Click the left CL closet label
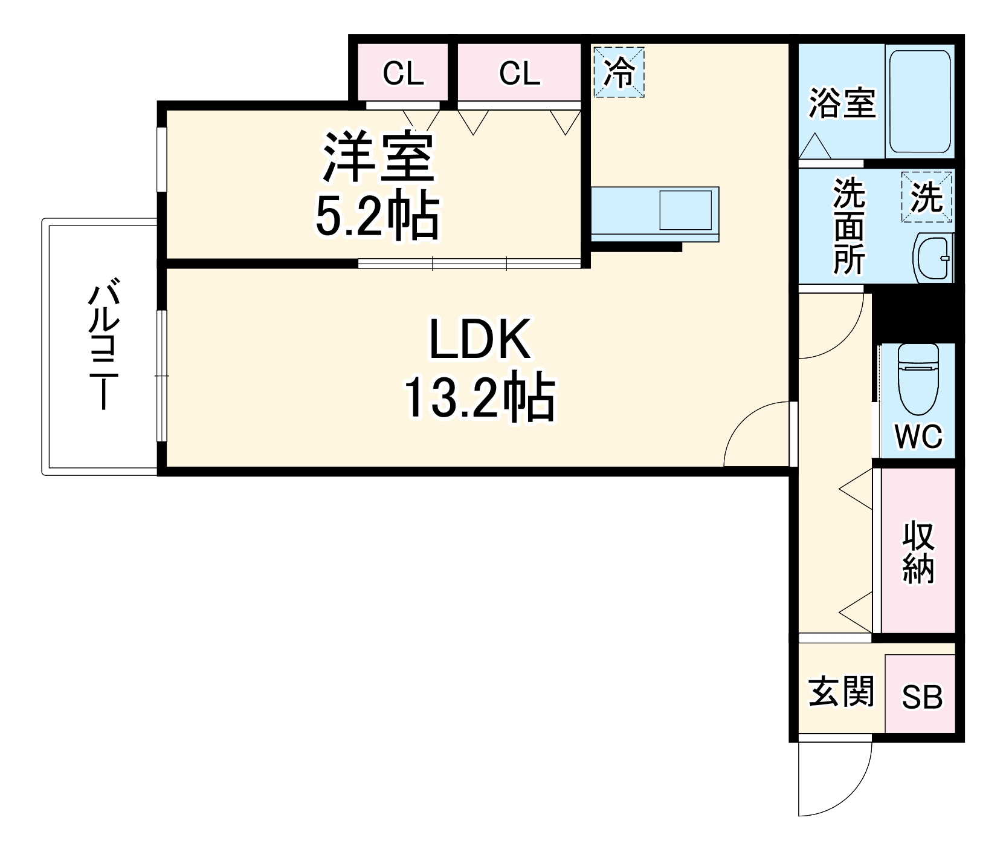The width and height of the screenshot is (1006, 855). [403, 74]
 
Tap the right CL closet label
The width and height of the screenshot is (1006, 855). [519, 74]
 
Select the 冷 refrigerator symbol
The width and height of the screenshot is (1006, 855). [619, 72]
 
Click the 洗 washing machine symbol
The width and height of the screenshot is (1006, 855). [926, 197]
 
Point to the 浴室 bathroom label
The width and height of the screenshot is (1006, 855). [842, 103]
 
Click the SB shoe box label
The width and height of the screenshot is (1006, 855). [921, 697]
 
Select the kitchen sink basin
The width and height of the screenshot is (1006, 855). [685, 210]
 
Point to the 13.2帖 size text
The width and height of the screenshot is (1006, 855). [479, 397]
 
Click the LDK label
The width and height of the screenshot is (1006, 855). [479, 340]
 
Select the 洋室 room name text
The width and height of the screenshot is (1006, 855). [378, 157]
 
